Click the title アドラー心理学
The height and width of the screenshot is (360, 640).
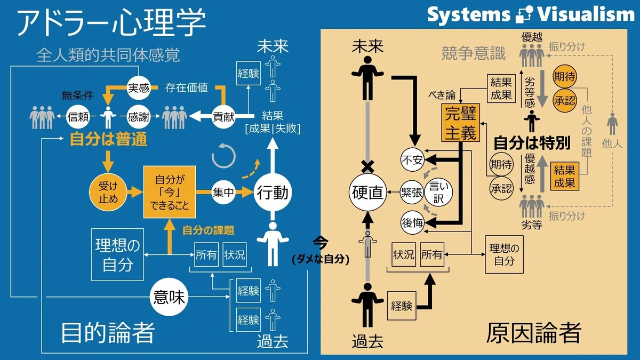coord(111,22)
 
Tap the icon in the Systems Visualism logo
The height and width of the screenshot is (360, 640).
coord(524,14)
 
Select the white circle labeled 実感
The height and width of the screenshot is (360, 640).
coord(139,87)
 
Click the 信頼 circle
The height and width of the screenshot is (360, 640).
coord(78,117)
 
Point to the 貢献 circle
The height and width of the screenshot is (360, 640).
coord(223,117)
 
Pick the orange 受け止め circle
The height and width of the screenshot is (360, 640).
coord(108,192)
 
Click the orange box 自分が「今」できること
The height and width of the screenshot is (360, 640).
coord(170,192)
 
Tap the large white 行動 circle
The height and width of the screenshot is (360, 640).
coord(273,193)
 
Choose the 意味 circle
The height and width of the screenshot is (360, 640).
coord(169,297)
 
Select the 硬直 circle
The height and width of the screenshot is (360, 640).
coord(367,193)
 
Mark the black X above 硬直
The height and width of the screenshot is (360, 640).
coord(367,166)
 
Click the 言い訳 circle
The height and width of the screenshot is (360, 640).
coord(438,192)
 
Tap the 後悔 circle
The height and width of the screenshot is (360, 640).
coord(412,222)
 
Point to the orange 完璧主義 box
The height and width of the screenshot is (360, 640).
coord(461,123)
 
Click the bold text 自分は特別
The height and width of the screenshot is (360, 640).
coord(532,143)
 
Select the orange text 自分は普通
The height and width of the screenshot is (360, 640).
coord(108,139)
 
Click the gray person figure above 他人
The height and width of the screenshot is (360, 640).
coord(612,124)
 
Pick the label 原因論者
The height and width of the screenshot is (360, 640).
coord(534,333)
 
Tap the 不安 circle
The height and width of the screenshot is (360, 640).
coord(412,160)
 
